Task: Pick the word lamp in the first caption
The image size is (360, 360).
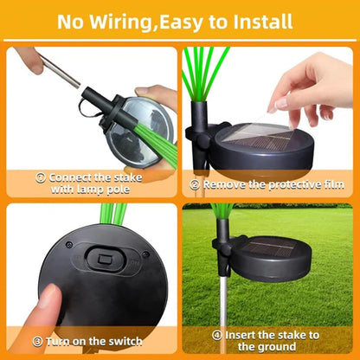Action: coord(98,188)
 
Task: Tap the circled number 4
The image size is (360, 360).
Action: coord(216,334)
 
